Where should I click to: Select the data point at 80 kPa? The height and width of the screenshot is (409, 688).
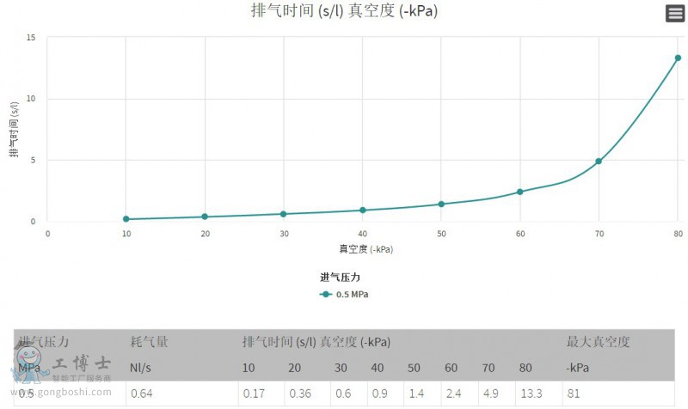678,58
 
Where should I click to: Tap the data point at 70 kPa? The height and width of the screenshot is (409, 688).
599,161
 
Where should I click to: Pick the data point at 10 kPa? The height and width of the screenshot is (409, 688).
126,219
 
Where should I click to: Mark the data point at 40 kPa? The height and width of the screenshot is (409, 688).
363,210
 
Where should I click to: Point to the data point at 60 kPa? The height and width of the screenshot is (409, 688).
520,192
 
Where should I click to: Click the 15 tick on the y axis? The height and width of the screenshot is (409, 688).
31,38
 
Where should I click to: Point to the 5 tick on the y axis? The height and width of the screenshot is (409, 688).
33,160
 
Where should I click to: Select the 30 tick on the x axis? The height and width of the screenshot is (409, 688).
284,234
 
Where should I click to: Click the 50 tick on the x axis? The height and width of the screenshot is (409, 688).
441,234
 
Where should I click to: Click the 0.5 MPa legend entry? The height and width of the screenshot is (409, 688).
345,294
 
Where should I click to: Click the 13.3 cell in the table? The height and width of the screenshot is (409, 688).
531,394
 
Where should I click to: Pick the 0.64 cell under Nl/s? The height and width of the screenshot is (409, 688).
141,394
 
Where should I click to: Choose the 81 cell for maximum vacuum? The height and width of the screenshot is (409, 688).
573,394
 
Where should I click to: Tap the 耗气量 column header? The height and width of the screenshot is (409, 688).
149,342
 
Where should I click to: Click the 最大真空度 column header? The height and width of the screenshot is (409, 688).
598,342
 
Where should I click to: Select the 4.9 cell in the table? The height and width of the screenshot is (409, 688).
489,394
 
